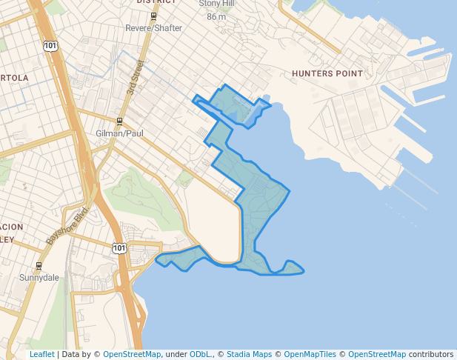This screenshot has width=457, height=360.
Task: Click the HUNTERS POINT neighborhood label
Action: coord(327,74)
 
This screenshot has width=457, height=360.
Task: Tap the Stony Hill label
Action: coord(216,4)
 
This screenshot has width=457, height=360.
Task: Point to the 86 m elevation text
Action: coord(216,16)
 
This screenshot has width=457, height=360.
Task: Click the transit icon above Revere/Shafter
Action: coord(153,16)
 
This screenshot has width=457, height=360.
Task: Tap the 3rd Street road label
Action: coord(135,77)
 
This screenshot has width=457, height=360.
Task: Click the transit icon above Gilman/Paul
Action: coord(119,121)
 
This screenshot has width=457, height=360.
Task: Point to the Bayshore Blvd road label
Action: coord(67,225)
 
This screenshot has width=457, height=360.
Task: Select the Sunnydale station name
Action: coord(39,278)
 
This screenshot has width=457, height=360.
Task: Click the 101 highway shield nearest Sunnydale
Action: coord(119,247)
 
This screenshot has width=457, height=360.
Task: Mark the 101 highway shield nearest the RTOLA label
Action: coord(50,47)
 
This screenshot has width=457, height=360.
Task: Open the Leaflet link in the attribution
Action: coord(41,354)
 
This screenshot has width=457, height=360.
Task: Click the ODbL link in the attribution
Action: coord(201,354)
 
